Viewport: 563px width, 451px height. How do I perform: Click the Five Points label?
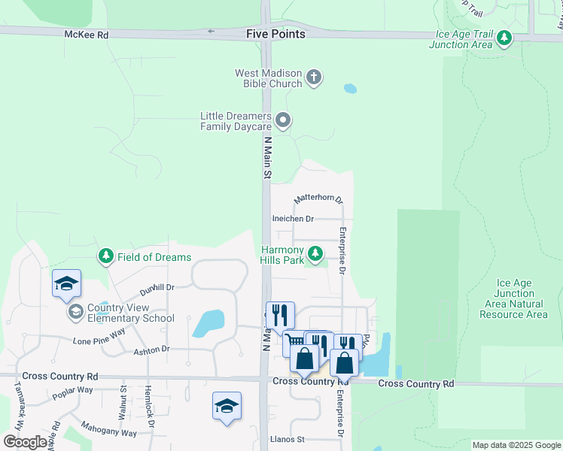276,34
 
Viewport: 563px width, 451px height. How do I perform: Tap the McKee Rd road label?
87,35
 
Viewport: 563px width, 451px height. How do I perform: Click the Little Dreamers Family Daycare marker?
283,120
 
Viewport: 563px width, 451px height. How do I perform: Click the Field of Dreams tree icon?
106,257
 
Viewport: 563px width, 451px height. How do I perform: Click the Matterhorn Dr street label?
318,199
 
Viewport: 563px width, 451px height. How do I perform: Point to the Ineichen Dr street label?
293,219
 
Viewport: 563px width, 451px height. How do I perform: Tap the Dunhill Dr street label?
157,287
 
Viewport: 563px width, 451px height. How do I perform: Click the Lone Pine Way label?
99,337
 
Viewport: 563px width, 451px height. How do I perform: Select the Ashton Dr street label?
151,350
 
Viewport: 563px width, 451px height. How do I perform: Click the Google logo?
26,442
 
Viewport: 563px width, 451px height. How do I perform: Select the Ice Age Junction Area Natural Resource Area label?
514,299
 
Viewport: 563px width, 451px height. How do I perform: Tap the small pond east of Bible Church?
350,89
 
